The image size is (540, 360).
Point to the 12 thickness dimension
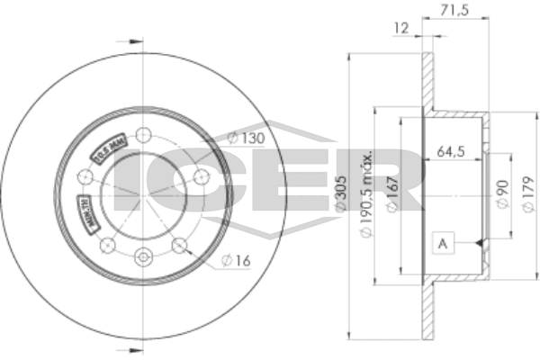click(402, 29)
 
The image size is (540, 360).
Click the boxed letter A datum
click(442, 243)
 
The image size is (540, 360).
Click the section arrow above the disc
click(133, 40)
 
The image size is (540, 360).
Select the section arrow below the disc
click(133, 344)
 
